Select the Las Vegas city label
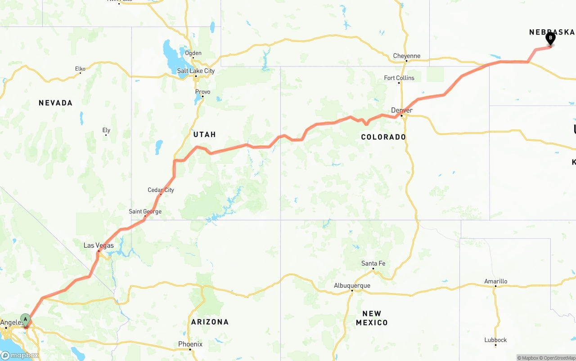(99, 245)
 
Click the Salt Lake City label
(196, 71)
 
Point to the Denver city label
(402, 110)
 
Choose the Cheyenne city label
(406, 56)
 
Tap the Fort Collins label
(399, 78)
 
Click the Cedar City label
(161, 190)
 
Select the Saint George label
(145, 211)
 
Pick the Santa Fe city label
(373, 263)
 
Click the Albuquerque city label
(352, 285)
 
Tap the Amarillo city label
(495, 281)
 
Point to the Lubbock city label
(495, 340)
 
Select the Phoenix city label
(190, 344)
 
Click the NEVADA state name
(55, 103)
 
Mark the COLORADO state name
(383, 137)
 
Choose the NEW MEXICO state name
(372, 318)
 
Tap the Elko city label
(80, 69)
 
